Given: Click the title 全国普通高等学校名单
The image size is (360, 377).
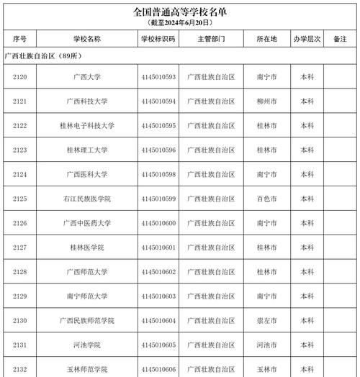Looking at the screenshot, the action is [x=180, y=12].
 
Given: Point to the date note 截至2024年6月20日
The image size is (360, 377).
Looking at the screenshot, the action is [x=179, y=23].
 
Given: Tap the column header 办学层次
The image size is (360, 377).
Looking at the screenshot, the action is [x=307, y=39].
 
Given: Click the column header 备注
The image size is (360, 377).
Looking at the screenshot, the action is [x=340, y=39].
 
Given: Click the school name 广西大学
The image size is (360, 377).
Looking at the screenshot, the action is [x=87, y=76].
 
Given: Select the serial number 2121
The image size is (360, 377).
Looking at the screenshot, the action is [x=20, y=101].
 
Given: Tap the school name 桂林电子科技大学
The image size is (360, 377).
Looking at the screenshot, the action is [x=87, y=125].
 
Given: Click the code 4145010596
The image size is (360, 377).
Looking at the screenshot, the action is [x=158, y=150].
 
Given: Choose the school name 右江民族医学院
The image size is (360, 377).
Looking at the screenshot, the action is [x=87, y=199].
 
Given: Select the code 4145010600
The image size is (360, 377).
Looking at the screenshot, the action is [x=158, y=223].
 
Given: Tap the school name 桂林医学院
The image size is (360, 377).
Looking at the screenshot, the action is [x=87, y=247].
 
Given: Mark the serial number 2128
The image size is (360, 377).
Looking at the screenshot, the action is [x=20, y=272].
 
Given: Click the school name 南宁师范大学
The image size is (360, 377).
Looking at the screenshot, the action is [x=87, y=296].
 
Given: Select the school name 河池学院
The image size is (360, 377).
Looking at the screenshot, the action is [x=87, y=345].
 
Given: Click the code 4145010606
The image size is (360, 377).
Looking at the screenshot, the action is [x=158, y=369].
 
